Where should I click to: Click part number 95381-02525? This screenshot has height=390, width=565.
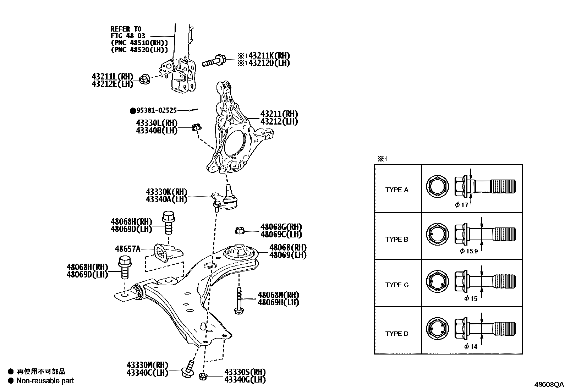click(157, 111)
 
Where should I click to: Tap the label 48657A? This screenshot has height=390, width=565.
click(127, 249)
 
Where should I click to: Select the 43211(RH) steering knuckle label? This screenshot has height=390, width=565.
click(279, 114)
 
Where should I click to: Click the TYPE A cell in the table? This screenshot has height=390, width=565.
click(397, 189)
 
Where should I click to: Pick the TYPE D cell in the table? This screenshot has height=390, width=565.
click(397, 334)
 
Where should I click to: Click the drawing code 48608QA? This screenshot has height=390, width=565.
click(549, 384)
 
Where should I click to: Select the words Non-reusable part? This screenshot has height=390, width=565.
click(45, 381)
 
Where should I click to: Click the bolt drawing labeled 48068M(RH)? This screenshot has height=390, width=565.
click(238, 300)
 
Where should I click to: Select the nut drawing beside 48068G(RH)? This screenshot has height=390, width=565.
click(240, 231)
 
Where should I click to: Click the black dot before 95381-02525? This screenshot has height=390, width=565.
click(133, 111)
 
